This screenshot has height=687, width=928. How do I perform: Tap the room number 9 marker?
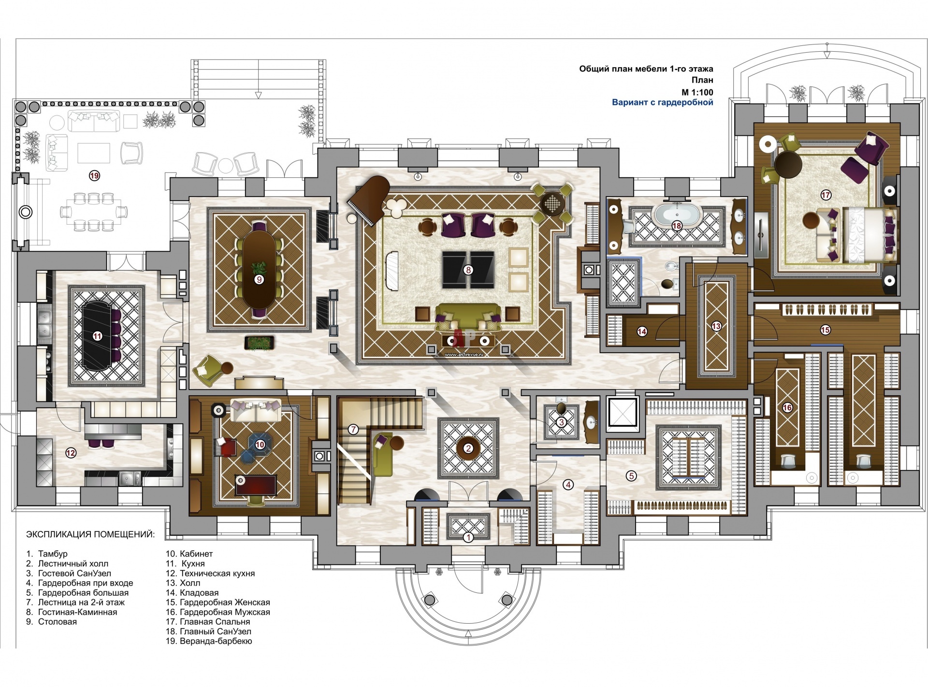[x=260, y=279]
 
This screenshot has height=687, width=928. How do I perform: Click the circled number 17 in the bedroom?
[x=826, y=195]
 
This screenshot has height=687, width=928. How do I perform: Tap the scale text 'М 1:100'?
[x=697, y=92]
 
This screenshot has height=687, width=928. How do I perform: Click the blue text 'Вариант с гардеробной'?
[x=663, y=102]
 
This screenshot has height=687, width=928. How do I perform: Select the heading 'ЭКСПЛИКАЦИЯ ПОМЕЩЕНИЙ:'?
[x=90, y=534]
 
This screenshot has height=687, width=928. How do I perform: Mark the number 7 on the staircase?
[x=353, y=429]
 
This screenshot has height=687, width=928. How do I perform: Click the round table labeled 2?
[x=468, y=448]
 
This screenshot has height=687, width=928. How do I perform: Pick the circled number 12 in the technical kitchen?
[x=71, y=453]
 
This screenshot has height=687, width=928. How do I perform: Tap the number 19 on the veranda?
[x=94, y=175]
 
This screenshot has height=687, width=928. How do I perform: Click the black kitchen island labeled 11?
[x=97, y=335]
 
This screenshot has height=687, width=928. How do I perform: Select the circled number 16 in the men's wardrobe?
[x=787, y=407]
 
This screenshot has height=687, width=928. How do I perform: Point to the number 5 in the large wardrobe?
[x=631, y=476]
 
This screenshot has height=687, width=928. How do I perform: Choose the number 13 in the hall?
[x=716, y=326]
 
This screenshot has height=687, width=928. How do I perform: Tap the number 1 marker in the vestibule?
[x=468, y=537]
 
